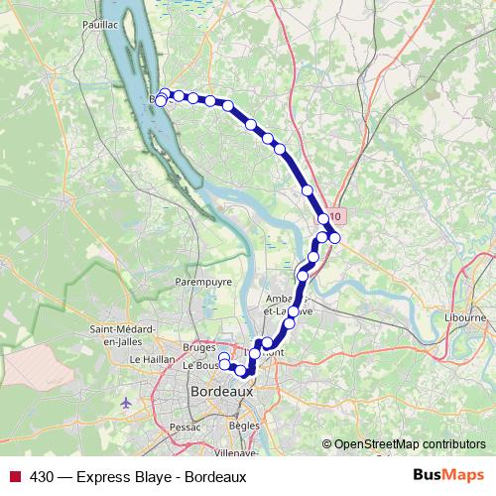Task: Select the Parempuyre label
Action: [x=203, y=281]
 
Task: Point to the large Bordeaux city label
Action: [x=220, y=391]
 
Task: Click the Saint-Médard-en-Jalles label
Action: [x=121, y=335]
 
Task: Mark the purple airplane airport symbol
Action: [x=126, y=403]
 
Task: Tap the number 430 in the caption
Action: [x=40, y=477]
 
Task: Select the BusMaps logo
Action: [x=447, y=476]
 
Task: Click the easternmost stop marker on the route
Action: [x=335, y=237]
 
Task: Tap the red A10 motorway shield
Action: [x=335, y=215]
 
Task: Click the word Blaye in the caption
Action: [x=152, y=477]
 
